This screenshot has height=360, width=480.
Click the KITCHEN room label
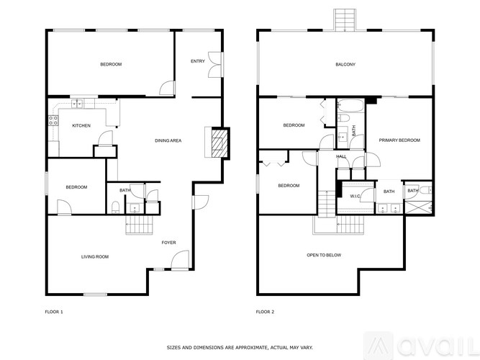coord(81,126)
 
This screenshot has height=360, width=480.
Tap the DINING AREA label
coord(168,140)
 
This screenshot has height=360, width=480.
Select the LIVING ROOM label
coord(94,256)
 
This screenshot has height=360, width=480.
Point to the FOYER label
coord(168,243)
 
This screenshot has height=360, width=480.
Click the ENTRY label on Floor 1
coord(198,61)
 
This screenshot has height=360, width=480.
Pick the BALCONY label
coord(345,65)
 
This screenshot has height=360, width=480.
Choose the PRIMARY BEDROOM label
coord(399,140)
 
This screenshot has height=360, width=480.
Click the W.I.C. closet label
coord(355,196)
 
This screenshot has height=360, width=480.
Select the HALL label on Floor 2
coord(341,156)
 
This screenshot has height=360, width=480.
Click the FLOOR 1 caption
coord(54,312)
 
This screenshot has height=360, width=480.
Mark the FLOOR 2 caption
coord(265,312)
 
